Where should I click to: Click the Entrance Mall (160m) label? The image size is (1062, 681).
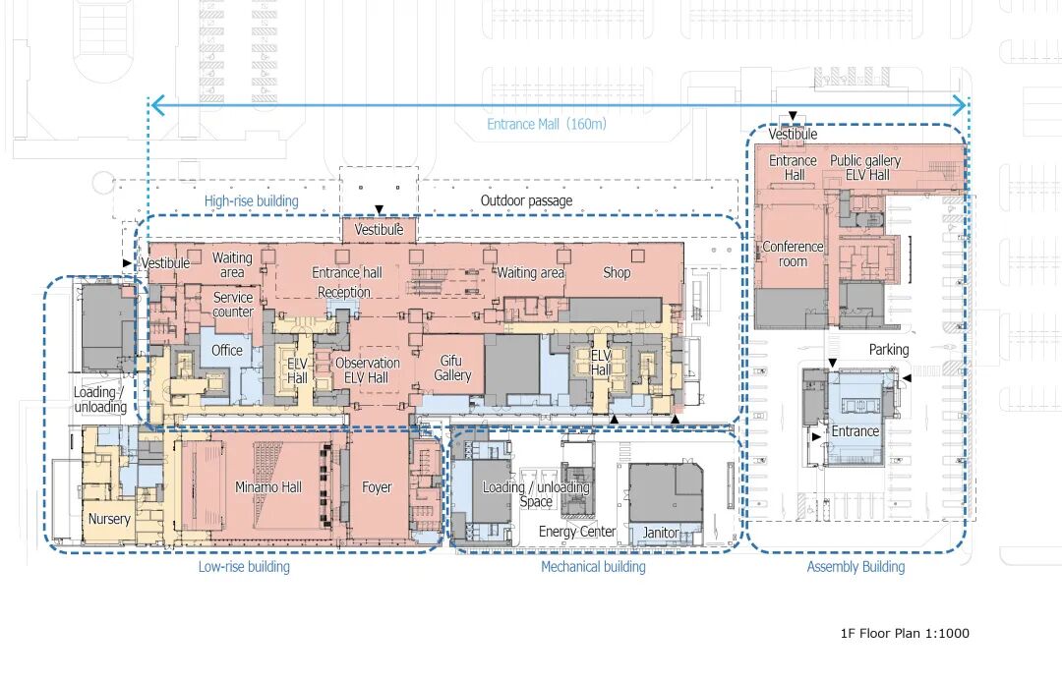[x=547, y=124]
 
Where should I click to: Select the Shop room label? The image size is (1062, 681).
[x=617, y=272]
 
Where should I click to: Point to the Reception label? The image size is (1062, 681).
[x=344, y=292]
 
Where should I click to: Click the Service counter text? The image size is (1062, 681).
[x=233, y=305]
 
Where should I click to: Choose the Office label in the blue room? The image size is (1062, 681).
[x=227, y=351]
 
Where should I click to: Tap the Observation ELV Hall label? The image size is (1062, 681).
[x=367, y=369]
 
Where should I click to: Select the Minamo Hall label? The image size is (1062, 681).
[x=268, y=487]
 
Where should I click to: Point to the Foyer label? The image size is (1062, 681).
[x=377, y=487]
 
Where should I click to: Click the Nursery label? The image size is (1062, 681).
[x=109, y=519]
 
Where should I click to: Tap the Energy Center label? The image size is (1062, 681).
[x=577, y=532]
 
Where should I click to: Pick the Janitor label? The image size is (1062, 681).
[x=661, y=534]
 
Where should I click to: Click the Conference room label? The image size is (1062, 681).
[x=793, y=255]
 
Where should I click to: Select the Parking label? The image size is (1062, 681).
[x=889, y=350]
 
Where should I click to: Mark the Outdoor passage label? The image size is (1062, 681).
[x=526, y=201]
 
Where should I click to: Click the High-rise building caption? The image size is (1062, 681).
[x=251, y=201]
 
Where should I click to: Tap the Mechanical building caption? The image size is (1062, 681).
[x=593, y=567]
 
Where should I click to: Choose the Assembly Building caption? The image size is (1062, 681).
[x=855, y=567]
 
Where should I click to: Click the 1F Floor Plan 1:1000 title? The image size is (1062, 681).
[x=905, y=633]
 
